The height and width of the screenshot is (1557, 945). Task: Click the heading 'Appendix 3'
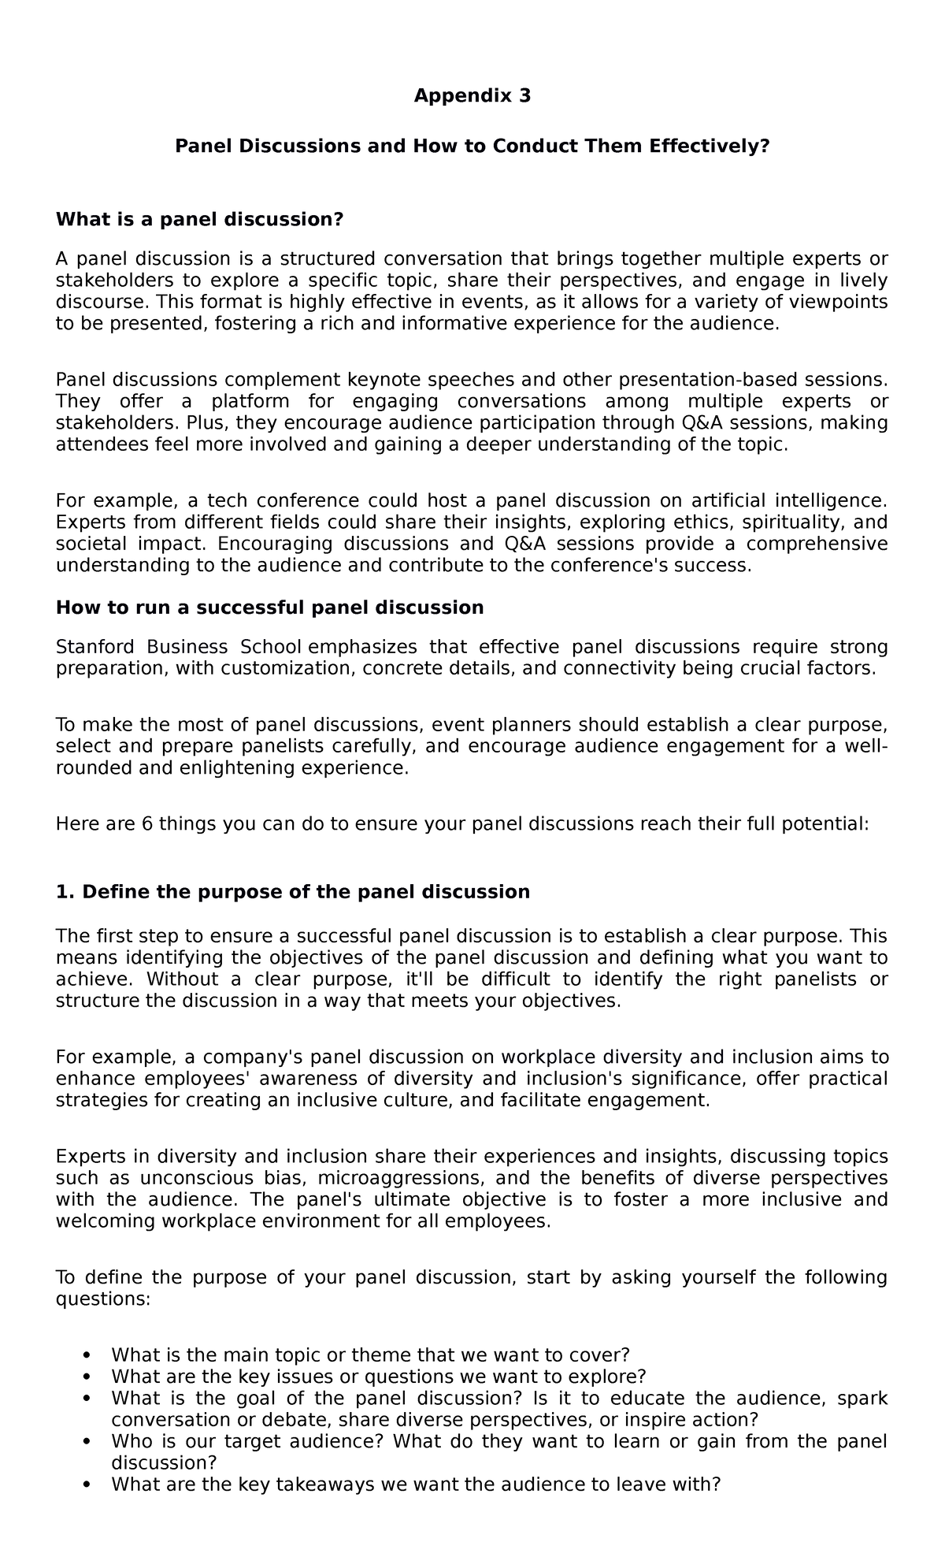click(472, 96)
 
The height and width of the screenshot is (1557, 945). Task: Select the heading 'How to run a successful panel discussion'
click(269, 608)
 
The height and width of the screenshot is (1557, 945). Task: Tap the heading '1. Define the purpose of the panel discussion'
click(293, 892)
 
